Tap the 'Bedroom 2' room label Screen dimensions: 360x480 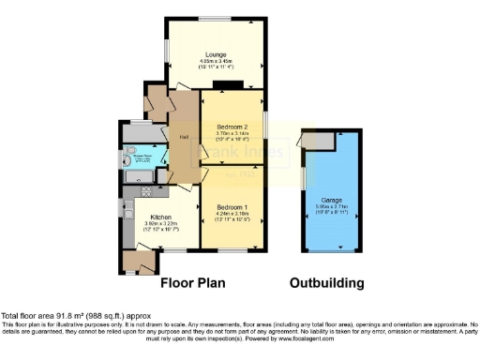[x=232, y=127]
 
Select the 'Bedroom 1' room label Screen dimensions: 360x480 [x=232, y=207]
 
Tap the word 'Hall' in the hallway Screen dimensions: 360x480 [x=184, y=136]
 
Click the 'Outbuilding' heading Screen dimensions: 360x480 [x=325, y=281]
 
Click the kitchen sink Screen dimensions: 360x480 [x=124, y=208]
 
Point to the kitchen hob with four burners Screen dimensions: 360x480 [x=147, y=192]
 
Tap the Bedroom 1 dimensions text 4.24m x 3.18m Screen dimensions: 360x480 [x=232, y=214]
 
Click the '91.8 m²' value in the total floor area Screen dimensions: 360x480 [x=67, y=316]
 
